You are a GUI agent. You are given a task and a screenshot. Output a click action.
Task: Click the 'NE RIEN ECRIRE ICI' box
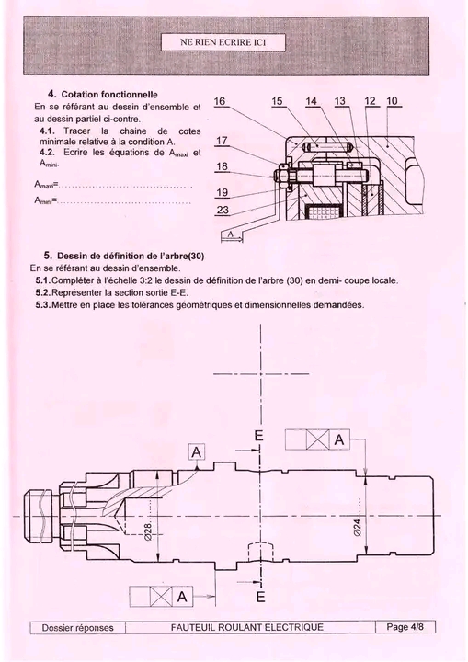click(223, 42)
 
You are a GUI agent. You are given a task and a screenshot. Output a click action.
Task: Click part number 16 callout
click(220, 101)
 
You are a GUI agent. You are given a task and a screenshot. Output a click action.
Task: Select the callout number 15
click(277, 101)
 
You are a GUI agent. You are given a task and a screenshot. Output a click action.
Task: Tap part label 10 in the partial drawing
click(392, 101)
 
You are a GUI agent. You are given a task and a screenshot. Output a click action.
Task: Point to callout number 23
click(223, 210)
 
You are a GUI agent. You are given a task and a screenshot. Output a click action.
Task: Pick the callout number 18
click(223, 166)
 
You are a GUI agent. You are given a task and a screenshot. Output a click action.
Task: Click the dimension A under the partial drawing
click(231, 234)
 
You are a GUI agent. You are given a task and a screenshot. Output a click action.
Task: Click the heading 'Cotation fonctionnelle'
click(109, 94)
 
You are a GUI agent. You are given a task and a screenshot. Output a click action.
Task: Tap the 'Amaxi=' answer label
click(46, 185)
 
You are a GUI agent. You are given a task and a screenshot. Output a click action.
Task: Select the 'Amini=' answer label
click(46, 200)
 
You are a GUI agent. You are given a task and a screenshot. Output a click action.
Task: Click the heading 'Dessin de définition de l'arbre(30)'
click(131, 256)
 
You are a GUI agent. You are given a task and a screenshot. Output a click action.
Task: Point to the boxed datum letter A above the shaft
click(197, 452)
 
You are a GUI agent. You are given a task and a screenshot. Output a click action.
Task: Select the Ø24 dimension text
click(358, 527)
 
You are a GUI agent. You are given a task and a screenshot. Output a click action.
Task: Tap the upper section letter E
click(259, 436)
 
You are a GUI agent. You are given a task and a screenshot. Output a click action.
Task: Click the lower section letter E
click(260, 597)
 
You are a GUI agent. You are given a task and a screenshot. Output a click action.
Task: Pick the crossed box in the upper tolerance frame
click(317, 439)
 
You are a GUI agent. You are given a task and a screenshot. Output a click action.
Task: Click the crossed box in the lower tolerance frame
click(161, 597)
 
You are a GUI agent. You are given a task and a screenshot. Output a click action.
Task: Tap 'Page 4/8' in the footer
click(405, 627)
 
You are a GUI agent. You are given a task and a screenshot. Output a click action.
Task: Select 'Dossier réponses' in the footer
click(78, 628)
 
